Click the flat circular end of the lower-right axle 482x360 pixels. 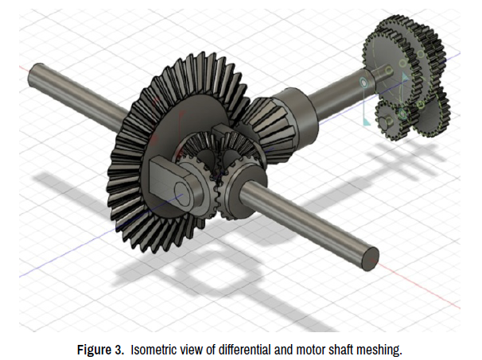click(x=370, y=259)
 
